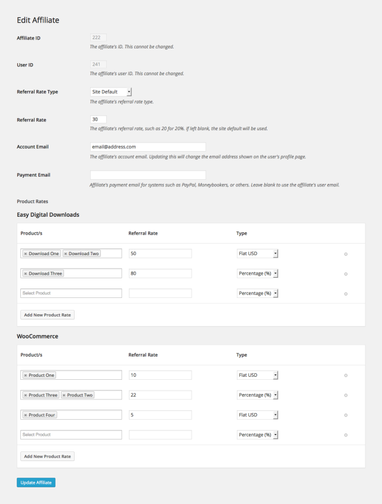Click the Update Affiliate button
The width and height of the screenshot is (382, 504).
36,483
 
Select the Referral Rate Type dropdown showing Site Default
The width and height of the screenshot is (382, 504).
110,92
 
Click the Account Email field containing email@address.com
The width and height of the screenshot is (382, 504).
147,147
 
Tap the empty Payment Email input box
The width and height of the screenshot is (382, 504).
147,175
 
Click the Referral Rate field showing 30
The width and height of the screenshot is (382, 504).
98,119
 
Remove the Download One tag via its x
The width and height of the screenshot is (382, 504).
26,254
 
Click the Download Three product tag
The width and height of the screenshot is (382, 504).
45,273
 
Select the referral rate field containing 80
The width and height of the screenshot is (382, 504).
160,273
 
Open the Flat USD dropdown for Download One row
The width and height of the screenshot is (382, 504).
257,254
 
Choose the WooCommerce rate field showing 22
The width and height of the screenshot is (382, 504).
160,395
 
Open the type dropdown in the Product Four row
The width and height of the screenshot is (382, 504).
257,415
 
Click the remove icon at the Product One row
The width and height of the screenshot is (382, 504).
346,376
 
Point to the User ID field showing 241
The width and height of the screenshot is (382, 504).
98,65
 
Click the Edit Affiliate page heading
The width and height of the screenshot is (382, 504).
38,20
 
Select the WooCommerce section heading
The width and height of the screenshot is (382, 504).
37,336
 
